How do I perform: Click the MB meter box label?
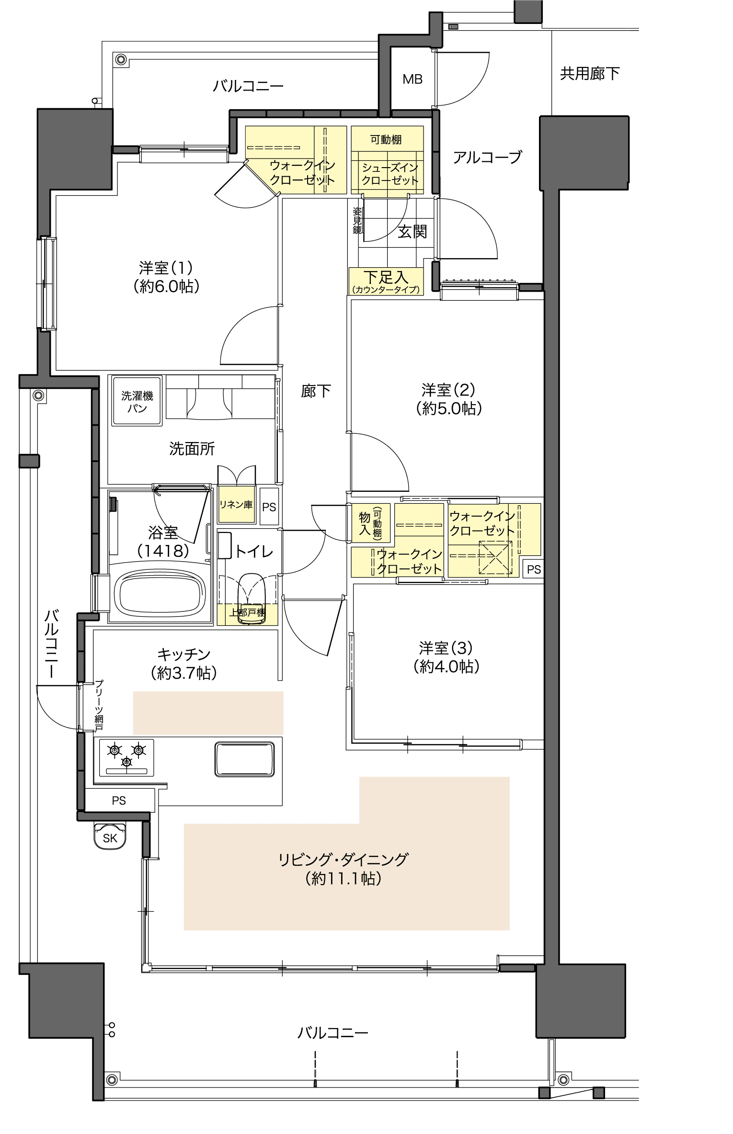(x=412, y=79)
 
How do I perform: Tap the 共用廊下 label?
(x=590, y=73)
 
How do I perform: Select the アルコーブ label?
(x=487, y=157)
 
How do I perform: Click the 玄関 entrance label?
(x=412, y=232)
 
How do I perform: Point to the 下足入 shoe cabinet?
(x=386, y=281)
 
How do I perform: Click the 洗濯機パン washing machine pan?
(x=137, y=400)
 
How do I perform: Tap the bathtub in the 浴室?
(x=160, y=592)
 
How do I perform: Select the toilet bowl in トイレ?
(x=252, y=599)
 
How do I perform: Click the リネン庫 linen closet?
(x=236, y=505)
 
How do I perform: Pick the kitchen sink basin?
(x=244, y=759)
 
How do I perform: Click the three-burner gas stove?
(x=126, y=757)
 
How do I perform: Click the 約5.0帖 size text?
(x=449, y=408)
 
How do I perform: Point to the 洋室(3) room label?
(x=446, y=648)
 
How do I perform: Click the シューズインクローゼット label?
(x=390, y=174)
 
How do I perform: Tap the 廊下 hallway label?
(x=316, y=391)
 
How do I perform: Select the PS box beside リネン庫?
(x=269, y=507)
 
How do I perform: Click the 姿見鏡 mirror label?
(x=357, y=221)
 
